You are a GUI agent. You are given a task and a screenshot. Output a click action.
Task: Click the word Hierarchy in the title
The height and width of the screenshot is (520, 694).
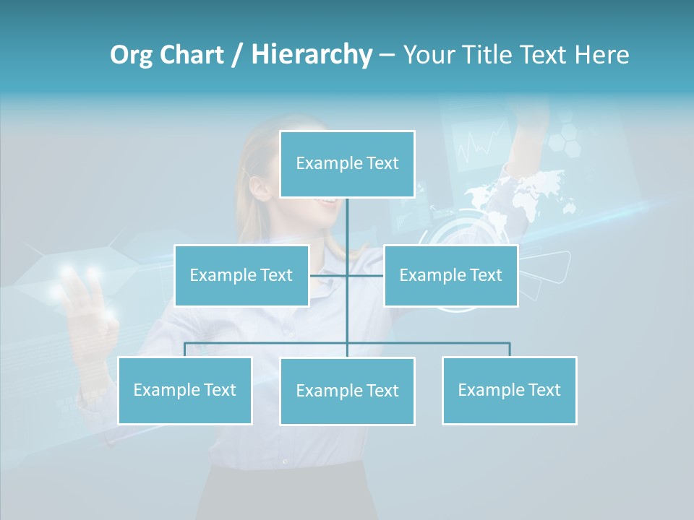coord(312,55)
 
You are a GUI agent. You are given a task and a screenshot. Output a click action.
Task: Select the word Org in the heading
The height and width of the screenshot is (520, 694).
coord(132,55)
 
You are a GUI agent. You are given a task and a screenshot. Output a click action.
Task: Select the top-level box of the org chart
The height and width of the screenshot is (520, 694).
coord(347,164)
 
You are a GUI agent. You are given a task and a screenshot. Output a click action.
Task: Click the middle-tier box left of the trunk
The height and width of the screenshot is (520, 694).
coord(241,275)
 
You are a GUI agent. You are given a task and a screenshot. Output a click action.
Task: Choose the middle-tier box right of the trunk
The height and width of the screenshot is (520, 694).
coord(450,275)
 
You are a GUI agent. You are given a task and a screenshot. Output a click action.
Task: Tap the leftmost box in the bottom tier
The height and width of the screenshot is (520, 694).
coord(184,390)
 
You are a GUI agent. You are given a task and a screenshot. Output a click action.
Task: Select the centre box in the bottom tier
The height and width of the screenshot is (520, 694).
coord(347,391)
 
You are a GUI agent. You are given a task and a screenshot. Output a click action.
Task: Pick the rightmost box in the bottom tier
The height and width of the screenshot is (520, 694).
coord(509,390)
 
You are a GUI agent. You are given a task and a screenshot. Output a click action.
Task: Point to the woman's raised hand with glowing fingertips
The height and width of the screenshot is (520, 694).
coord(87,303)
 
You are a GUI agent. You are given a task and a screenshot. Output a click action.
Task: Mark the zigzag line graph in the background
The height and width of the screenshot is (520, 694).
coord(481,142)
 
